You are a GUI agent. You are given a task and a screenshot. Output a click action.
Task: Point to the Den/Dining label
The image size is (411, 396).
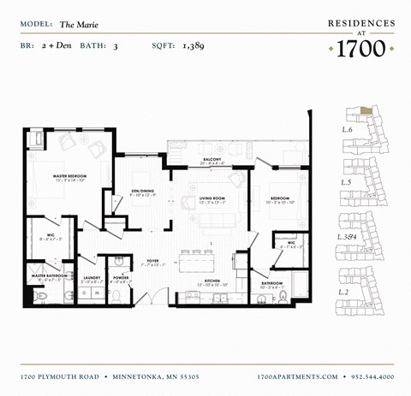click(141, 191)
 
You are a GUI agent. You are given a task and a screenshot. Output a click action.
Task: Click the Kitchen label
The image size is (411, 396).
click(212, 280)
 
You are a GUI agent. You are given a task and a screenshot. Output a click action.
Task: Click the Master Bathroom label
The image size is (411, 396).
click(49, 275)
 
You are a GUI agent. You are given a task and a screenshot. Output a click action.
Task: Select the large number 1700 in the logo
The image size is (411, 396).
click(360, 48)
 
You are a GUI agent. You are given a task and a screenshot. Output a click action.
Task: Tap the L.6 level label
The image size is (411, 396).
click(347, 129)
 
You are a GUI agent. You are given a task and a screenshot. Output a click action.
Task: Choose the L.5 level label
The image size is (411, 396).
click(347, 182)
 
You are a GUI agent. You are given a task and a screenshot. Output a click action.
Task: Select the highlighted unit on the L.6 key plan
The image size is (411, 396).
click(366, 110)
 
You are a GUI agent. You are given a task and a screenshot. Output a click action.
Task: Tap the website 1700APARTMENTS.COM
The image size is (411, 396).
click(297, 376)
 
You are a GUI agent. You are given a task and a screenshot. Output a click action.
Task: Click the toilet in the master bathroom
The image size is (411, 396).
click(42, 295)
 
